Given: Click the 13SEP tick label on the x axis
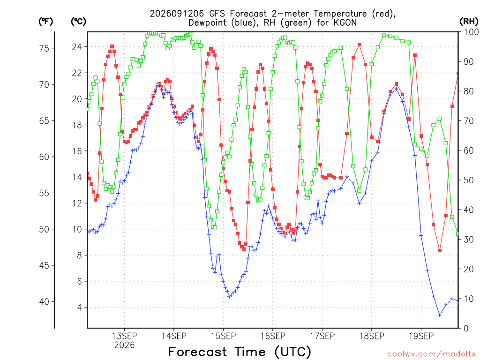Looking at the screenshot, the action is (124, 336).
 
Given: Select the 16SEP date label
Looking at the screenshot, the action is (273, 336).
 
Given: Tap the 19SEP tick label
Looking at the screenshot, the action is (421, 336).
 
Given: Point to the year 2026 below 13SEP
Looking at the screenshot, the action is (124, 345).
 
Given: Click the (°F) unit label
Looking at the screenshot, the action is (46, 22).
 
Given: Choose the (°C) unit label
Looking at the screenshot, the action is (78, 22).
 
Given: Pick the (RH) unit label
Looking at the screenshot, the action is (469, 22).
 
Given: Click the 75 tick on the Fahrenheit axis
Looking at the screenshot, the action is (44, 48).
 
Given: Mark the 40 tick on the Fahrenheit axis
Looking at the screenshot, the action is (44, 301).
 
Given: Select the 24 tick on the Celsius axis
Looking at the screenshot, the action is (77, 47).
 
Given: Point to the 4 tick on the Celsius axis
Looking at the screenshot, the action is (80, 307).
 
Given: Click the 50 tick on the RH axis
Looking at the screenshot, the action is (469, 180).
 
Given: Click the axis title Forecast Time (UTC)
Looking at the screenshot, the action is (240, 352).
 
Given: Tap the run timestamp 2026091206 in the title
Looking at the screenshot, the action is (177, 14).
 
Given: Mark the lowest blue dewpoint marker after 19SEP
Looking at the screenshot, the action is (440, 315).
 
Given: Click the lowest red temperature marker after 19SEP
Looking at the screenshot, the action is (440, 250).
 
